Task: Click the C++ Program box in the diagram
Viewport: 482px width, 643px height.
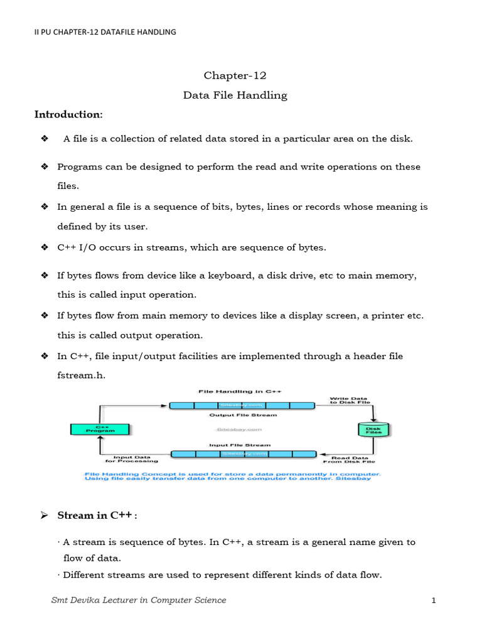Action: pyautogui.click(x=100, y=430)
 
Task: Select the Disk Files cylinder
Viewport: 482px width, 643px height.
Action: pyautogui.click(x=374, y=430)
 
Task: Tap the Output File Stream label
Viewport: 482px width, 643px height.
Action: pyautogui.click(x=242, y=415)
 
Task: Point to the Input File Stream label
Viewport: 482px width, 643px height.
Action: pyautogui.click(x=242, y=444)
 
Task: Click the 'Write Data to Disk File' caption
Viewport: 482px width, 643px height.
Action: pyautogui.click(x=350, y=401)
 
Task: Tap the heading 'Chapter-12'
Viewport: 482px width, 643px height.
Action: pyautogui.click(x=235, y=75)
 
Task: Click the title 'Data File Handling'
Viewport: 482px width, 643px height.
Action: pyautogui.click(x=235, y=95)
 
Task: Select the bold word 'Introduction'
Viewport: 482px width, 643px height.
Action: pyautogui.click(x=67, y=114)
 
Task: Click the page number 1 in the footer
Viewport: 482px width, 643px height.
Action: pyautogui.click(x=433, y=601)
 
